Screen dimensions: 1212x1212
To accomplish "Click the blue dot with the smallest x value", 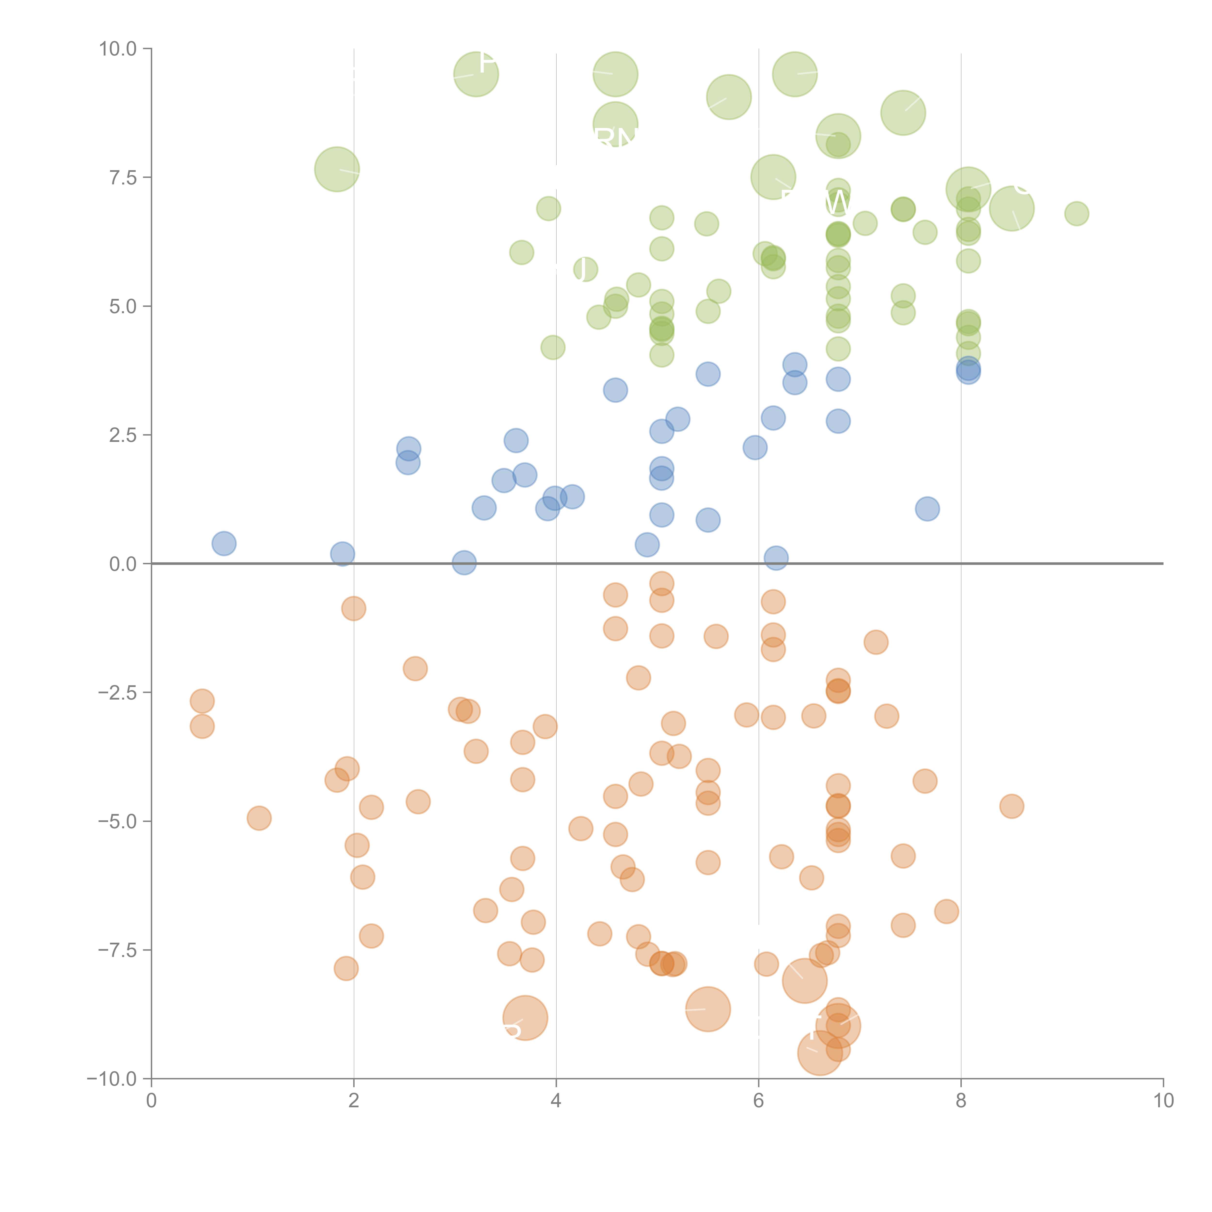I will pyautogui.click(x=224, y=543).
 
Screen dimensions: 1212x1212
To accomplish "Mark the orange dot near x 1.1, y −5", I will pyautogui.click(x=259, y=818).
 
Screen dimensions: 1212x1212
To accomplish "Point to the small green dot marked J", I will pyautogui.click(x=585, y=270).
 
